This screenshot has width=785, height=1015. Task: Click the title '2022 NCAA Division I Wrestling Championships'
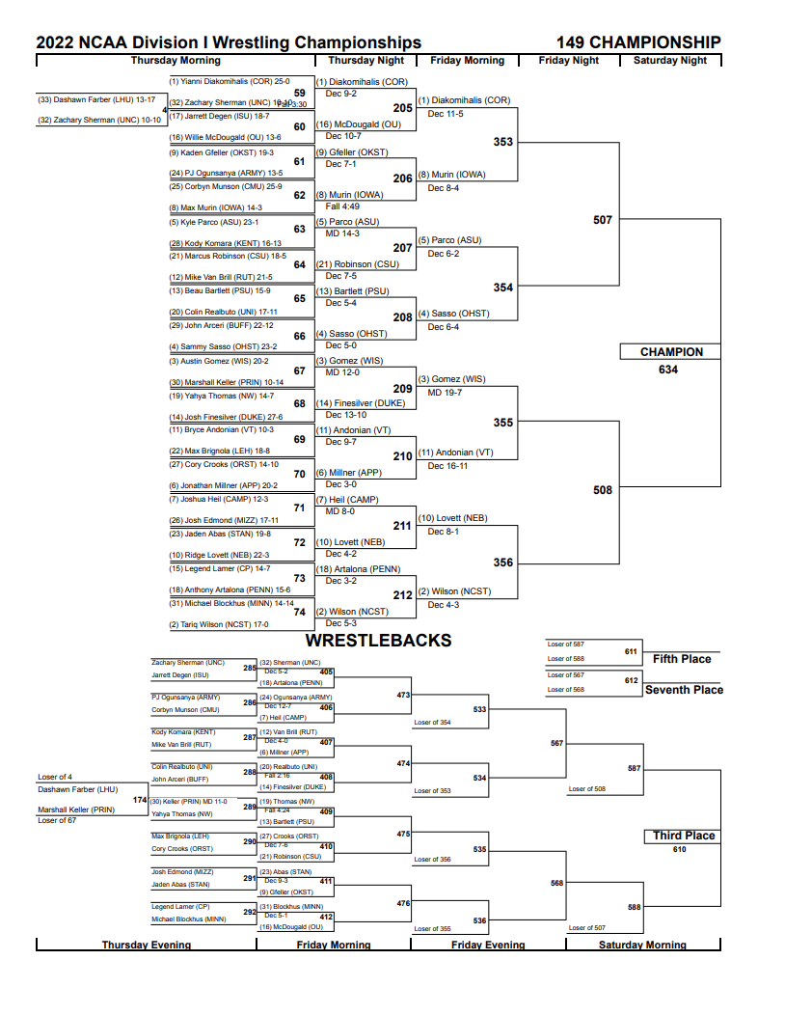229,42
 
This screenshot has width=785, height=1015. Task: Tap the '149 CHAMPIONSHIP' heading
638,42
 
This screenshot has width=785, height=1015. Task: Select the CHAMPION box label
671,352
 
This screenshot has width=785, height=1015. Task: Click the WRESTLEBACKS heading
378,641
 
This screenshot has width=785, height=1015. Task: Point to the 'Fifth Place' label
682,659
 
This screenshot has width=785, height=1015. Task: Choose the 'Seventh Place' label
684,690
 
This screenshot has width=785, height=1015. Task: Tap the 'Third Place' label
683,836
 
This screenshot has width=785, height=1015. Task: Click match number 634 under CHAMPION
668,370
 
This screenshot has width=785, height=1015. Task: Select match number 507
603,220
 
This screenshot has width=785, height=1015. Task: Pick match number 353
503,142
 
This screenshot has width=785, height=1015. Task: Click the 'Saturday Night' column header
669,61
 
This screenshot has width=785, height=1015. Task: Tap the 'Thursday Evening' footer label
147,945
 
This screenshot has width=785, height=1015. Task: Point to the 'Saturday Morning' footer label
642,945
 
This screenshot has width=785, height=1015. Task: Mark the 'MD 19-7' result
445,393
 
